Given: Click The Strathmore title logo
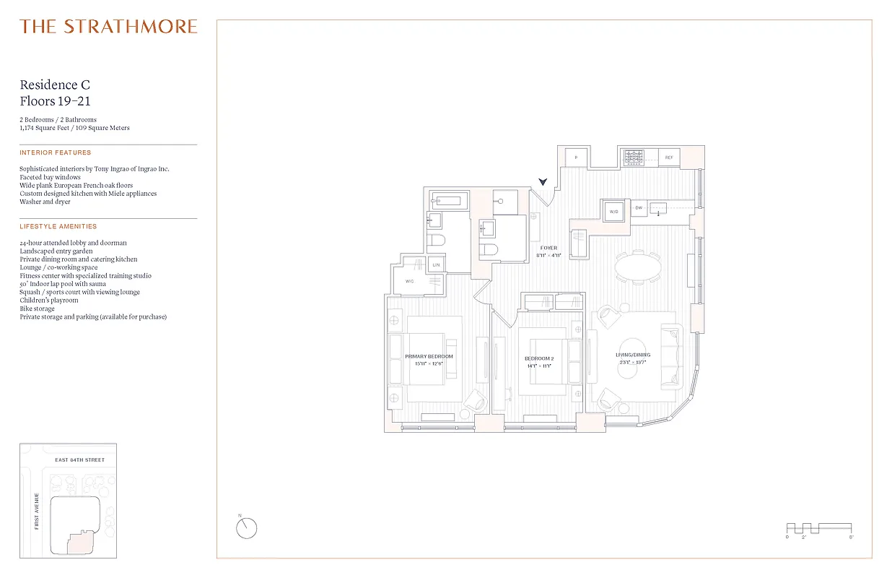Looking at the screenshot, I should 108,27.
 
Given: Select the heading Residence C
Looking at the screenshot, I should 55,85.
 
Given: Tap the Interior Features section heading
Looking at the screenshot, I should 56,152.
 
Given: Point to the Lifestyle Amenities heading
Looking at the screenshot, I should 58,226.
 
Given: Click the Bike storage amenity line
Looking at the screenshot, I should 37,309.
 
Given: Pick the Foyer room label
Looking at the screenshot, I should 548,248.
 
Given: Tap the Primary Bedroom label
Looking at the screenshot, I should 429,357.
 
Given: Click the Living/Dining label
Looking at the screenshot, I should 633,355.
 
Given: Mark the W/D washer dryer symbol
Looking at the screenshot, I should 614,212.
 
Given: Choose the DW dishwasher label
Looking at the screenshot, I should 638,208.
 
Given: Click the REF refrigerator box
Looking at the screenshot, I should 669,157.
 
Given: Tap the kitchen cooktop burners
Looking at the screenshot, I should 634,155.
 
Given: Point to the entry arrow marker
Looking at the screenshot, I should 543,183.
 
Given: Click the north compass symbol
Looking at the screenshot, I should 246,527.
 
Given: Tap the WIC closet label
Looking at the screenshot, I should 409,281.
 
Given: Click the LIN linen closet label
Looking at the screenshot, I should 436,266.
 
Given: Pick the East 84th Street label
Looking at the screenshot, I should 79,460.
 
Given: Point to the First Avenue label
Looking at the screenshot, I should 36,511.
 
